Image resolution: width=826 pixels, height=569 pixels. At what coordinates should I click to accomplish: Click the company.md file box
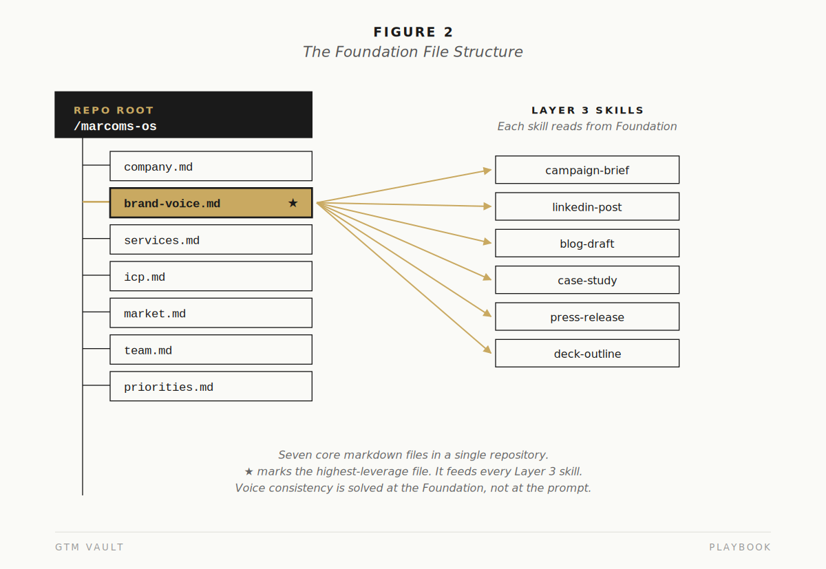click(211, 166)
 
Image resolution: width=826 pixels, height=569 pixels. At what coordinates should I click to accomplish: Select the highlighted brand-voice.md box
click(211, 203)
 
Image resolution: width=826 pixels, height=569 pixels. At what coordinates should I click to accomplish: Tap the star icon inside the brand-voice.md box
click(293, 203)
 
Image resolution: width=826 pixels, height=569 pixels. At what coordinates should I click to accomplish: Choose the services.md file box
click(211, 239)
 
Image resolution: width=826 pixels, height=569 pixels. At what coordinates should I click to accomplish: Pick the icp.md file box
click(211, 276)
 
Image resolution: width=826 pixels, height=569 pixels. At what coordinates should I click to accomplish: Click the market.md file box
click(211, 313)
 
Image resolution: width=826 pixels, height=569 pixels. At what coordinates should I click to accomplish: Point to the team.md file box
click(211, 350)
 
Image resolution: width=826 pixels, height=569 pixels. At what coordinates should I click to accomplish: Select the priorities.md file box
click(211, 386)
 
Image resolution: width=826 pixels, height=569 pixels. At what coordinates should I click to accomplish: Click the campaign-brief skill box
click(587, 170)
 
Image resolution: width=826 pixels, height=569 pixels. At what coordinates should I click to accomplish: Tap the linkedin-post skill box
click(587, 206)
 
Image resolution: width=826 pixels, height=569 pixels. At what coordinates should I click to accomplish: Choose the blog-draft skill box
click(587, 244)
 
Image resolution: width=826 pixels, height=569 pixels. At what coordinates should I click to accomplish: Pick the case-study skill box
click(587, 280)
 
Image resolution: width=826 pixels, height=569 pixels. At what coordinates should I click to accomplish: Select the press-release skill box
click(587, 316)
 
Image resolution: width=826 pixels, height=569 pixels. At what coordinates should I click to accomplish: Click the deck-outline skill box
click(587, 353)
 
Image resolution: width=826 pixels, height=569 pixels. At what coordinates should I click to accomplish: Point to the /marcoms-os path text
click(115, 127)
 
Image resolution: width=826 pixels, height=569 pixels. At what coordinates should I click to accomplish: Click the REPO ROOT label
click(114, 110)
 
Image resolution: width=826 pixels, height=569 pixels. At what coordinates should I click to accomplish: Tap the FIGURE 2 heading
click(413, 32)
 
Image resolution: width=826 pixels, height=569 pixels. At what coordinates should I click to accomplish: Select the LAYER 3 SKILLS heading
click(587, 110)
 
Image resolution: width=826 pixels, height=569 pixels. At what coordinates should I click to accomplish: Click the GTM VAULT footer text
click(89, 547)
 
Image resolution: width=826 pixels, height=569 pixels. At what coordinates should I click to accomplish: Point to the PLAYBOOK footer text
click(740, 547)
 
